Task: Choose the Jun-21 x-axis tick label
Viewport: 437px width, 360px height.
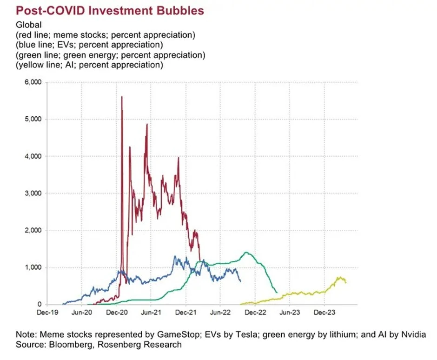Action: coord(151,313)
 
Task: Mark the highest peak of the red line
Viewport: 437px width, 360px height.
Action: coord(122,97)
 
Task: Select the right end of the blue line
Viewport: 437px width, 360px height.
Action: coord(240,281)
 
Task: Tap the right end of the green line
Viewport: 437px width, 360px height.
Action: coord(277,292)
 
